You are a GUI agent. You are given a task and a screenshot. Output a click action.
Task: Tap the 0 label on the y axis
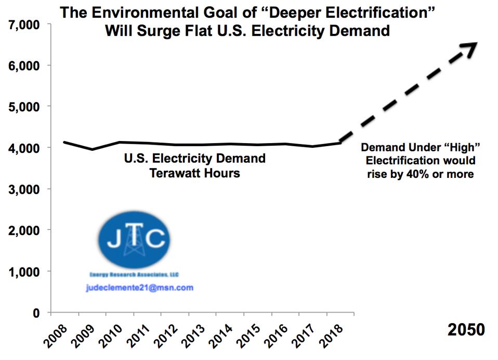pyautogui.click(x=36, y=313)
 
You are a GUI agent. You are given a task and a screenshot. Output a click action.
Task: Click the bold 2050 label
pyautogui.click(x=466, y=330)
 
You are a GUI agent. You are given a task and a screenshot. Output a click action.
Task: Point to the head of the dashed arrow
pyautogui.click(x=472, y=45)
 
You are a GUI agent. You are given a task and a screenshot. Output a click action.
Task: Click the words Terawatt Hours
pyautogui.click(x=195, y=173)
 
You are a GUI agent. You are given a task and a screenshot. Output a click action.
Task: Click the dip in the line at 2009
pyautogui.click(x=93, y=149)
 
